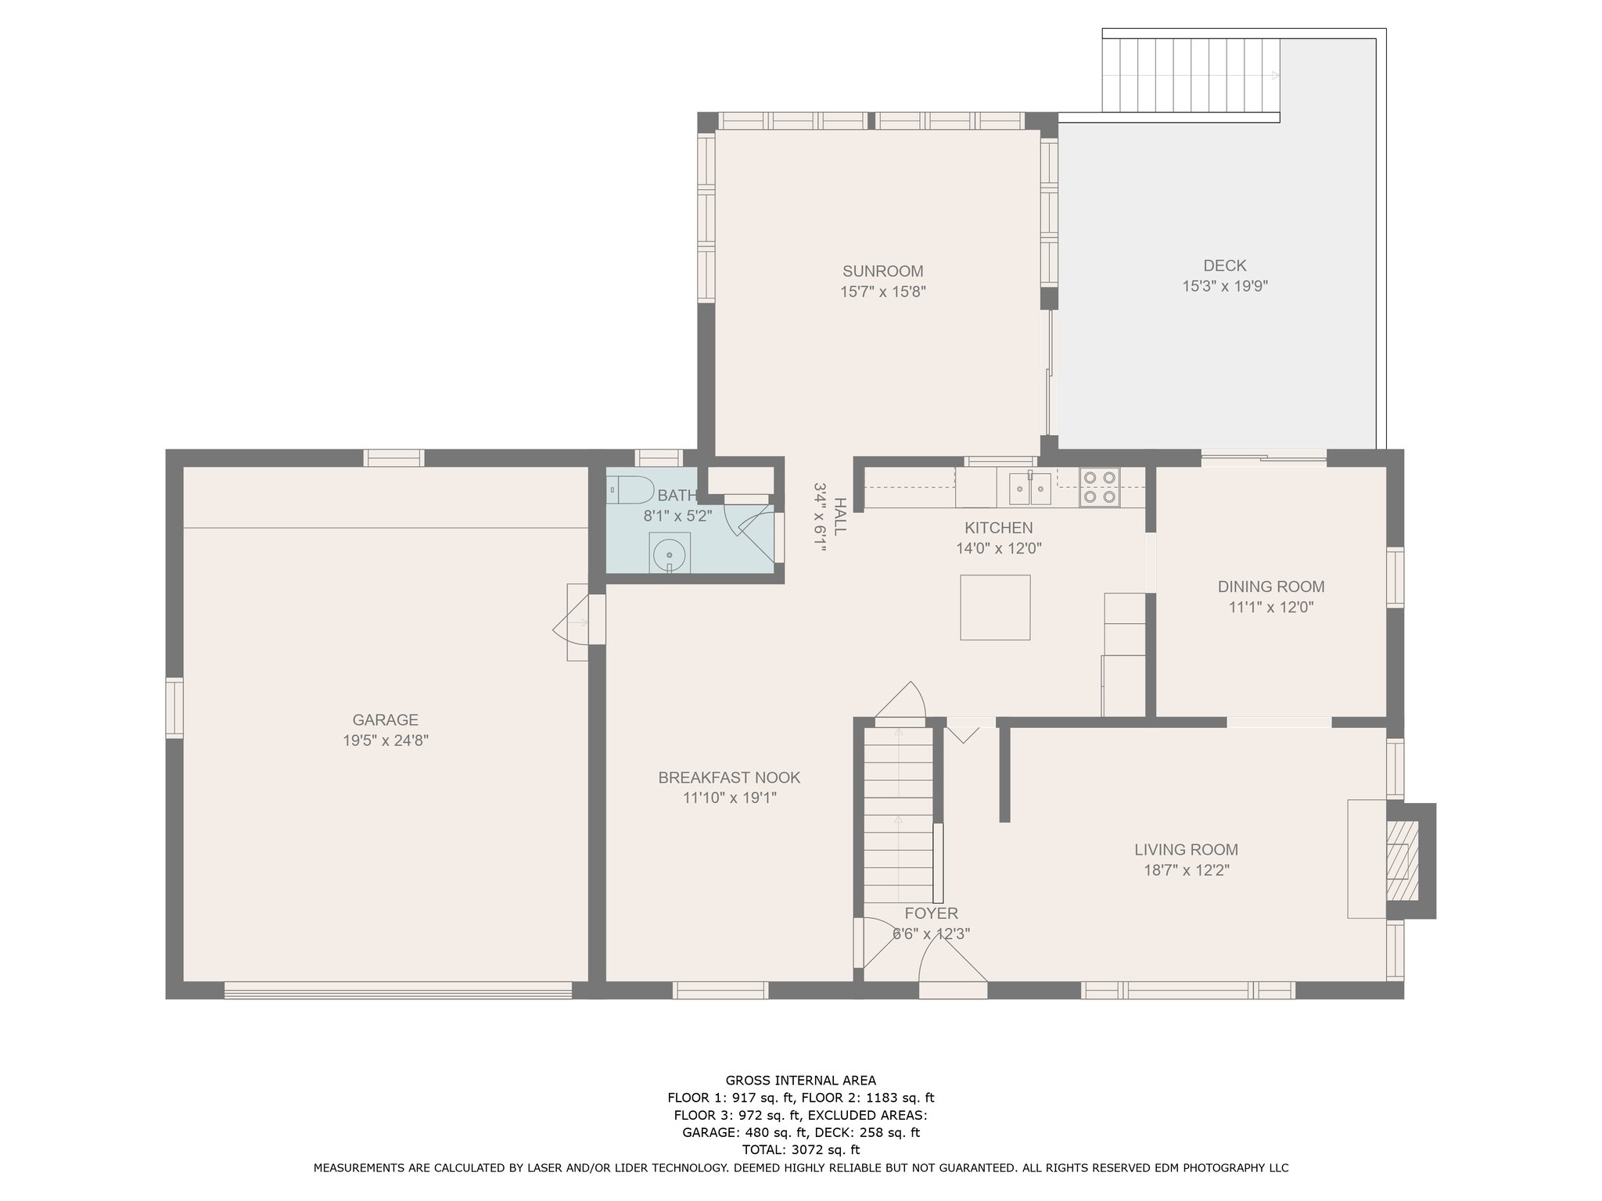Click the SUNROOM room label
[882, 271]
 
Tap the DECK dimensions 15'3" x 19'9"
[1224, 287]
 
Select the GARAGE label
[385, 720]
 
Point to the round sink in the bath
[669, 554]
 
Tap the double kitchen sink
[1029, 489]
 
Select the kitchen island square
[995, 608]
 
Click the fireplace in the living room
[1399, 861]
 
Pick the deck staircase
[1191, 76]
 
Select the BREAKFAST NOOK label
[729, 778]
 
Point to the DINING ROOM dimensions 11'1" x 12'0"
[1270, 607]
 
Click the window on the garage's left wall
[174, 708]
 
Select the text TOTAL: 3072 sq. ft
[800, 1149]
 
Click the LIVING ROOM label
[1186, 850]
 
